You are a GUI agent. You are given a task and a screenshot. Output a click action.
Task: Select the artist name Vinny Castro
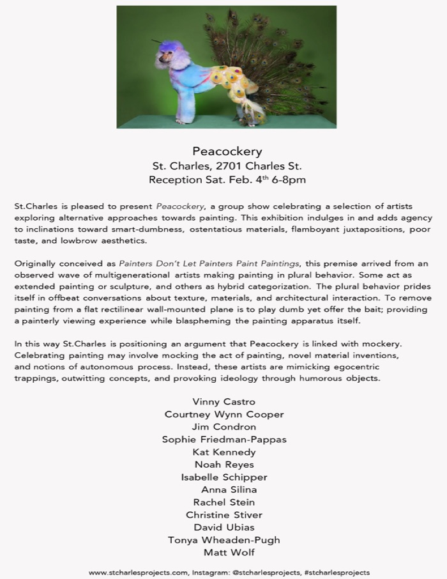coord(223,402)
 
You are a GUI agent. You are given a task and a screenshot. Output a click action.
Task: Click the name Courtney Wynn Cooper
coord(223,414)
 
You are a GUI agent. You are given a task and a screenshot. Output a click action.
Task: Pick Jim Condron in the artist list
coord(223,427)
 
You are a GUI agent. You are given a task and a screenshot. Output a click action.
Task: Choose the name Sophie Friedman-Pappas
coord(223,440)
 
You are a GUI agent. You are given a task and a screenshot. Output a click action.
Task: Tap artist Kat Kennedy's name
coord(223,452)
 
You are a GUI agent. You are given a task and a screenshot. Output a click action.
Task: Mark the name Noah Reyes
coord(223,465)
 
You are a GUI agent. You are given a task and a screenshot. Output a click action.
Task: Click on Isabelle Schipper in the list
coord(223,477)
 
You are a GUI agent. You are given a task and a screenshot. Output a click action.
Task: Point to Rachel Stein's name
coord(223,502)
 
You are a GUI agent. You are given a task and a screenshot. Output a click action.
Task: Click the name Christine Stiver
coord(223,515)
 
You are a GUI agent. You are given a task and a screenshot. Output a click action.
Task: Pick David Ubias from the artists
coord(223,527)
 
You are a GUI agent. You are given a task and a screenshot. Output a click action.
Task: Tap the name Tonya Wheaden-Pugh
coord(223,540)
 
